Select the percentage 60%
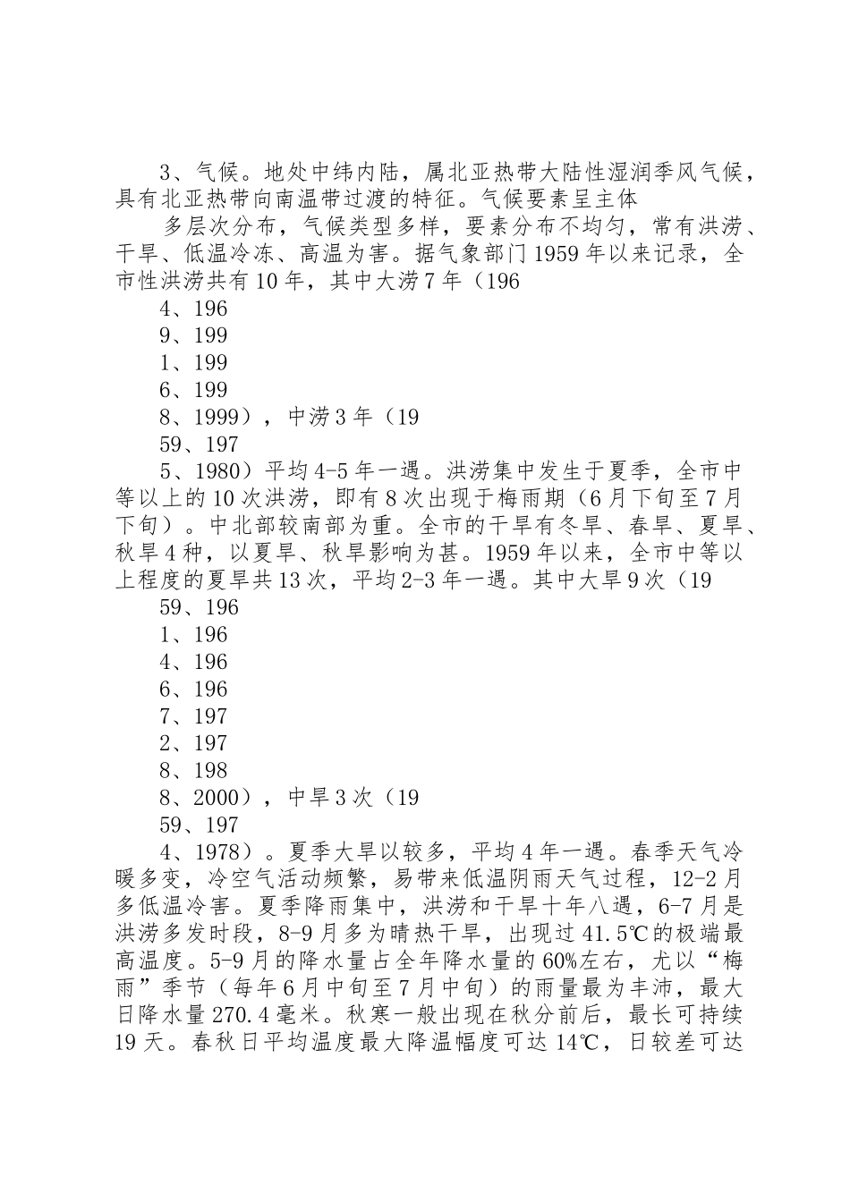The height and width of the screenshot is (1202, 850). coord(563,961)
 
